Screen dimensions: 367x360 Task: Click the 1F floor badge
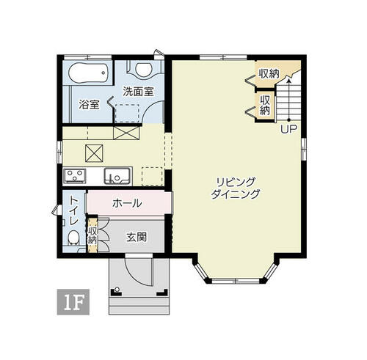[73, 302]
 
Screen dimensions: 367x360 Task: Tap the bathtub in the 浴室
[88, 73]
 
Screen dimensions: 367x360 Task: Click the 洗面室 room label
[138, 92]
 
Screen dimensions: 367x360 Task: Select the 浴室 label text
[89, 105]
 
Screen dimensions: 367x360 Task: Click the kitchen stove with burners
[75, 175]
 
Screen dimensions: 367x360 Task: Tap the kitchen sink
[117, 176]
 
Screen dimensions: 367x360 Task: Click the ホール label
[127, 203]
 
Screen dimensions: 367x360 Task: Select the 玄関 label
[137, 237]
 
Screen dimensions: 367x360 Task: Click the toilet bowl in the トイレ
[73, 238]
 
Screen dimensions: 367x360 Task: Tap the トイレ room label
[74, 210]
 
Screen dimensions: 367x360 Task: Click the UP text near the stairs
[288, 129]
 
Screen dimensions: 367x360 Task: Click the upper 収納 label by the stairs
[269, 73]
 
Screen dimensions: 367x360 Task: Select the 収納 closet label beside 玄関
[92, 235]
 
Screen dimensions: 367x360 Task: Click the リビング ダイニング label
[235, 188]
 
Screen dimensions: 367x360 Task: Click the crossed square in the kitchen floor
[94, 153]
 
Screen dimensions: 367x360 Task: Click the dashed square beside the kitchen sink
[152, 177]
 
